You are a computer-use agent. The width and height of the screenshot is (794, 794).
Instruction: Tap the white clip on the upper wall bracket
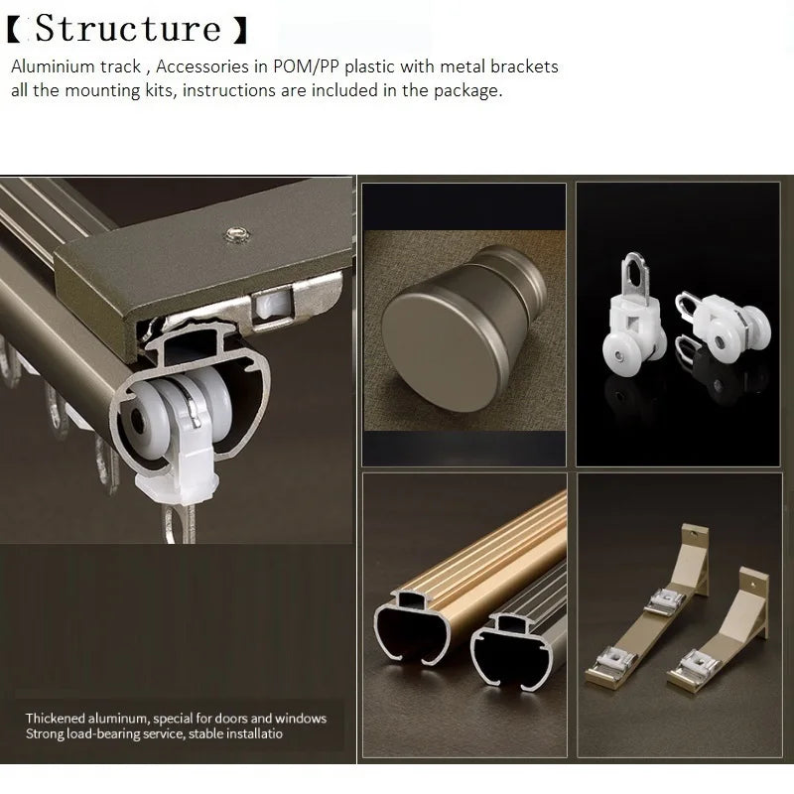664,601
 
